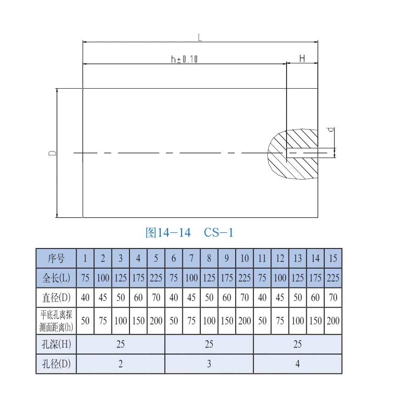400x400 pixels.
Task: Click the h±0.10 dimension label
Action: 184,59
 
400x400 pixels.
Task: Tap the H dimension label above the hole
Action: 302,58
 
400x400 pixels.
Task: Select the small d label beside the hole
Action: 331,130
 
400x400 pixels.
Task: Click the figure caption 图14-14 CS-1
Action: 189,233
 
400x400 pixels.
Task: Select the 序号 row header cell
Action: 56,258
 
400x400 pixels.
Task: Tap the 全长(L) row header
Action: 56,278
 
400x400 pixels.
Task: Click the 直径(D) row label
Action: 56,298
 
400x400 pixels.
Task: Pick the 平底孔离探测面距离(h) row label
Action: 56,321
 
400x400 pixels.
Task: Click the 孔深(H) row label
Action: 56,344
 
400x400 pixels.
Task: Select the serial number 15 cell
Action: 333,258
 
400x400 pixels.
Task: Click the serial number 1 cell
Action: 85,258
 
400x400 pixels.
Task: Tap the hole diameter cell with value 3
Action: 209,364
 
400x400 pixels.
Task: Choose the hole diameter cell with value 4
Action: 298,364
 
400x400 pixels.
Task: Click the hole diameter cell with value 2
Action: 120,364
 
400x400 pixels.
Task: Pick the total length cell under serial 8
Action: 209,278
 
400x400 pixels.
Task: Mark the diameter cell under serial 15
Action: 333,298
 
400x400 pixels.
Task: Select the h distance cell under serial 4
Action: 138,321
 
